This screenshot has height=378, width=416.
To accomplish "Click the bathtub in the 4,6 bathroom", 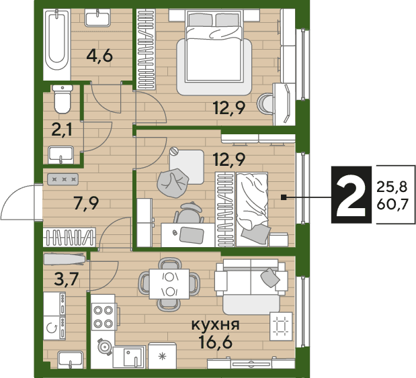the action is click(x=56, y=40).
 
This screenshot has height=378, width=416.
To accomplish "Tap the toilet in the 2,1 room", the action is click(x=63, y=99).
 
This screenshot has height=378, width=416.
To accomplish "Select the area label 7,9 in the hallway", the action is click(x=86, y=203).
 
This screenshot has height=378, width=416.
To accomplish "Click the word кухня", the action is click(x=216, y=325).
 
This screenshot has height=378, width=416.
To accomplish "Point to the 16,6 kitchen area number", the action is click(x=216, y=342).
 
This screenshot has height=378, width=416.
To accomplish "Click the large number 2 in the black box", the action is click(x=351, y=195).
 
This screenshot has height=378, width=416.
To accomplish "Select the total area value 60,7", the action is click(x=392, y=204).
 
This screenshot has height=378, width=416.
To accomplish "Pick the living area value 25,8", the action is click(x=392, y=187).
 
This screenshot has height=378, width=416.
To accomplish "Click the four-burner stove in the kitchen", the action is click(x=103, y=317).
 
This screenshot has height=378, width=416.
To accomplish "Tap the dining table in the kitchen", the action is click(x=169, y=284).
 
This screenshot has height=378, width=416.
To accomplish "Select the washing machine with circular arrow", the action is click(x=54, y=328).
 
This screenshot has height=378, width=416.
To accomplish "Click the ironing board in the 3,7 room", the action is click(x=65, y=259).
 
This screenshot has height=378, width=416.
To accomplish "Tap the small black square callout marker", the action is click(x=284, y=197).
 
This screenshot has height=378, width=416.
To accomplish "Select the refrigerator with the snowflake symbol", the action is click(x=162, y=355).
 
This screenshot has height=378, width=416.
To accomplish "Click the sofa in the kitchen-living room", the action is click(x=251, y=286).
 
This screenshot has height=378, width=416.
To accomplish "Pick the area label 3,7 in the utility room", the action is click(x=67, y=279).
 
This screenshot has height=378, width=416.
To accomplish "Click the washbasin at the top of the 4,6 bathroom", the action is click(x=97, y=17).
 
